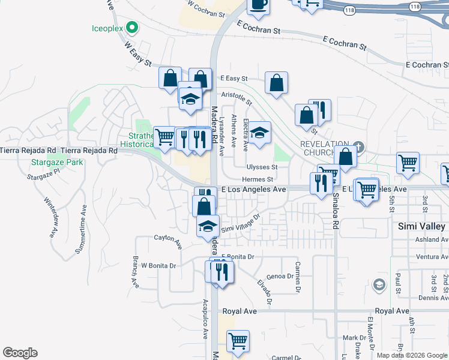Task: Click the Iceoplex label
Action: (107, 28)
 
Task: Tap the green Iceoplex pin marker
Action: (133, 27)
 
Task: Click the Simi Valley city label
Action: (422, 226)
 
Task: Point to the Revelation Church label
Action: (325, 148)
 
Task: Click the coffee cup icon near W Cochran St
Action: (258, 5)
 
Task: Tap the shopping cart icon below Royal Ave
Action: (238, 341)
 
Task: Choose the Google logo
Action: (20, 353)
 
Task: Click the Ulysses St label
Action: (261, 167)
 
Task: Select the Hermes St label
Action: (258, 179)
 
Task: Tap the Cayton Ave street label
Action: (167, 242)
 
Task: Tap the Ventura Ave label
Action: (432, 257)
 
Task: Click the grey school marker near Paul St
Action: (379, 284)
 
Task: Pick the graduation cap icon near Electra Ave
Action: (260, 132)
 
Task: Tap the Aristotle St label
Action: (237, 96)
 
